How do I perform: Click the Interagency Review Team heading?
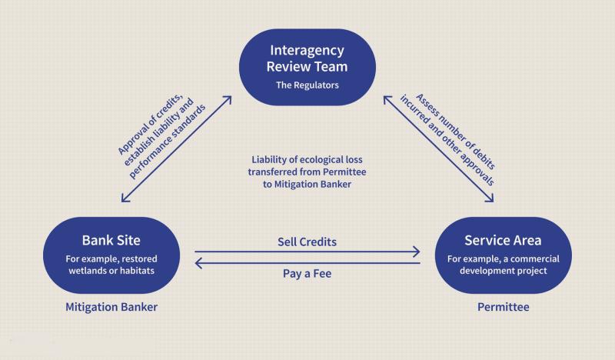307,58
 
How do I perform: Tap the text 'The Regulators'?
307,85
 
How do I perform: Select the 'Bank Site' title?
111,240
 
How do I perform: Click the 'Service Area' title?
503,240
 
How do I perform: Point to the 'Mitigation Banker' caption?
111,307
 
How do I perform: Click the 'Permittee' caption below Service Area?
504,307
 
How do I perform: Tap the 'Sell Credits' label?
307,242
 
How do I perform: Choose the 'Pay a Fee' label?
307,274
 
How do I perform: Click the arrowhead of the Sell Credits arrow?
417,252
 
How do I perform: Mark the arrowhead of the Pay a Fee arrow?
198,263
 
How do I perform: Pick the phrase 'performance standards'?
167,142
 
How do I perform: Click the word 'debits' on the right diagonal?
484,158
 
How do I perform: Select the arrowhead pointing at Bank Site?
125,198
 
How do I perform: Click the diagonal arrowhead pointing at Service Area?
490,198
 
